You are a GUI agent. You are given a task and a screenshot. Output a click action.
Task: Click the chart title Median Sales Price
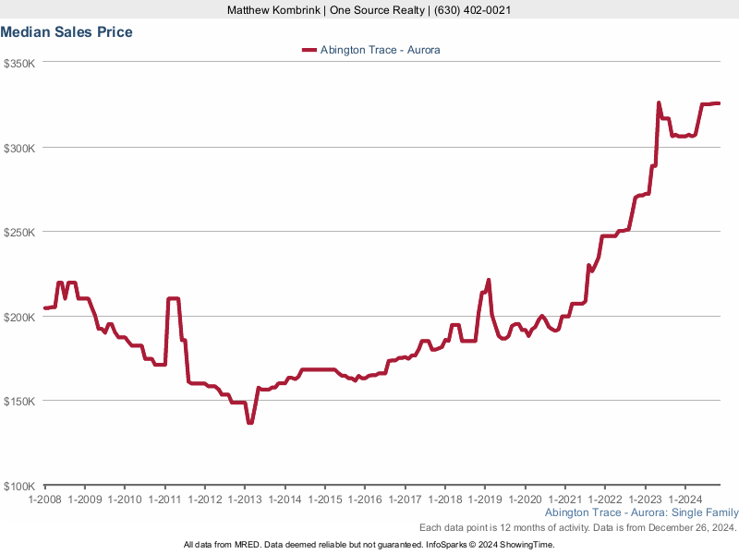point(67,32)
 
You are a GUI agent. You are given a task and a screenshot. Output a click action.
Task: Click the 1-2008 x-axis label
point(44,499)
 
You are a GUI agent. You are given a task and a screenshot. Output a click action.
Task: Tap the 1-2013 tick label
point(244,499)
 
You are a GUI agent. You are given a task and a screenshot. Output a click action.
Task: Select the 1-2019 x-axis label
point(484,499)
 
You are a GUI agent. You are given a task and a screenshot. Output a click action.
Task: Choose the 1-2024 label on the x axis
point(684,499)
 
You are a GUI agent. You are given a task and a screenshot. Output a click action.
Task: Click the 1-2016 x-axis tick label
point(364,499)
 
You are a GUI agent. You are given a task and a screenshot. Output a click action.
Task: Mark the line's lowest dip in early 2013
point(250,423)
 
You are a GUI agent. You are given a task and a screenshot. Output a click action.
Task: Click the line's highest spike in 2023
point(659,102)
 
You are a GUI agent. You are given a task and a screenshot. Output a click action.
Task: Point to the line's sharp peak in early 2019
point(489,280)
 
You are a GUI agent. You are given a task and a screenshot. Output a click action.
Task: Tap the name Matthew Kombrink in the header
point(273,10)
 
